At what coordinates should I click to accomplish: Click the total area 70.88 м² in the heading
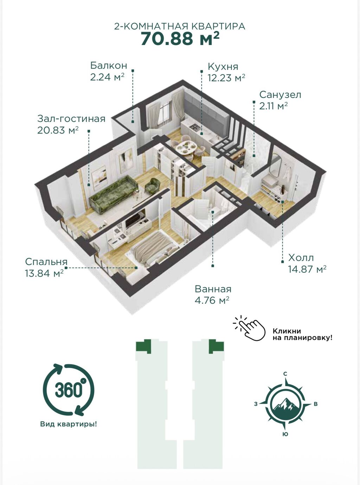[180, 39]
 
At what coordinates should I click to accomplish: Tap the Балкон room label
[109, 65]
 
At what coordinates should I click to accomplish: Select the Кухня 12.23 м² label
[226, 72]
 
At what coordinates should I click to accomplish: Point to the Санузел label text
[280, 95]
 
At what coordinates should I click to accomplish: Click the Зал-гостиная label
[71, 119]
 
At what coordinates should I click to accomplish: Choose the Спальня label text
[46, 262]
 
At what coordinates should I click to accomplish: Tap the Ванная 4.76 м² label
[213, 295]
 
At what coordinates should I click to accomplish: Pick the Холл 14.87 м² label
[307, 263]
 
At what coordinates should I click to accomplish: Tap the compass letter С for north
[285, 374]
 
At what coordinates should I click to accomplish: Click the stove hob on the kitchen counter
[194, 127]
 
